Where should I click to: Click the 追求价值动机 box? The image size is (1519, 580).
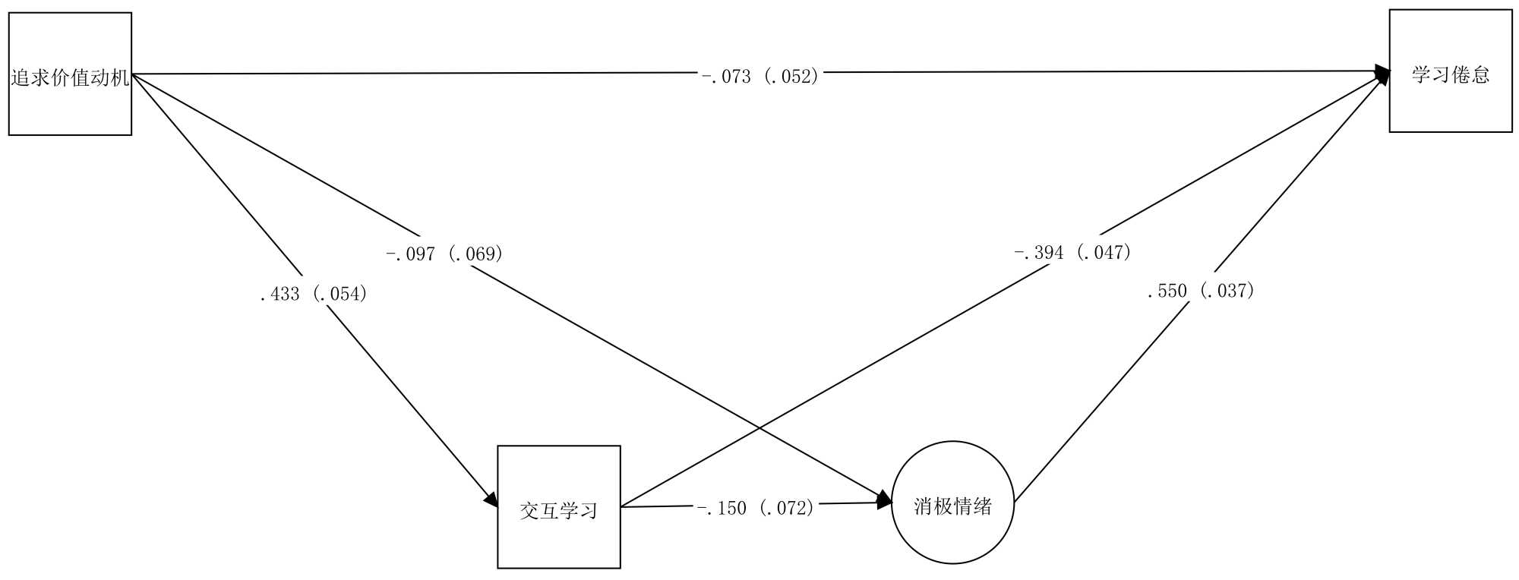(x=70, y=74)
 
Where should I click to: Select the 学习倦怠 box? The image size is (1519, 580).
(x=1450, y=71)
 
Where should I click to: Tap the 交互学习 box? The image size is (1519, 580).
(x=558, y=506)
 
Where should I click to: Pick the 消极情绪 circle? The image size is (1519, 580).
(x=952, y=503)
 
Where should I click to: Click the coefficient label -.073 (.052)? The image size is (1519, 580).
(x=760, y=76)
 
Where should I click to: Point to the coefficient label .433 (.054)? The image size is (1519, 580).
(x=314, y=294)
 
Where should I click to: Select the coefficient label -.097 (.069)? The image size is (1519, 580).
(x=444, y=254)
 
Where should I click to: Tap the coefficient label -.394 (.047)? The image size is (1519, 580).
(x=1073, y=252)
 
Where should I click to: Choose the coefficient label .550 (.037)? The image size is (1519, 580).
(x=1201, y=291)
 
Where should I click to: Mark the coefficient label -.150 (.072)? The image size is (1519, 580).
(x=756, y=508)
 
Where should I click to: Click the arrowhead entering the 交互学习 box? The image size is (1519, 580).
(x=491, y=500)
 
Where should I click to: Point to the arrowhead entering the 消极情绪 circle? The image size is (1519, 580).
(x=885, y=501)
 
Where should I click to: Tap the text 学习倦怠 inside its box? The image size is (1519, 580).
(x=1450, y=75)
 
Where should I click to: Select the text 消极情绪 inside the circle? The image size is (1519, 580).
(x=952, y=506)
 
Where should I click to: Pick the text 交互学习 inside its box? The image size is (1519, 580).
(x=558, y=511)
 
